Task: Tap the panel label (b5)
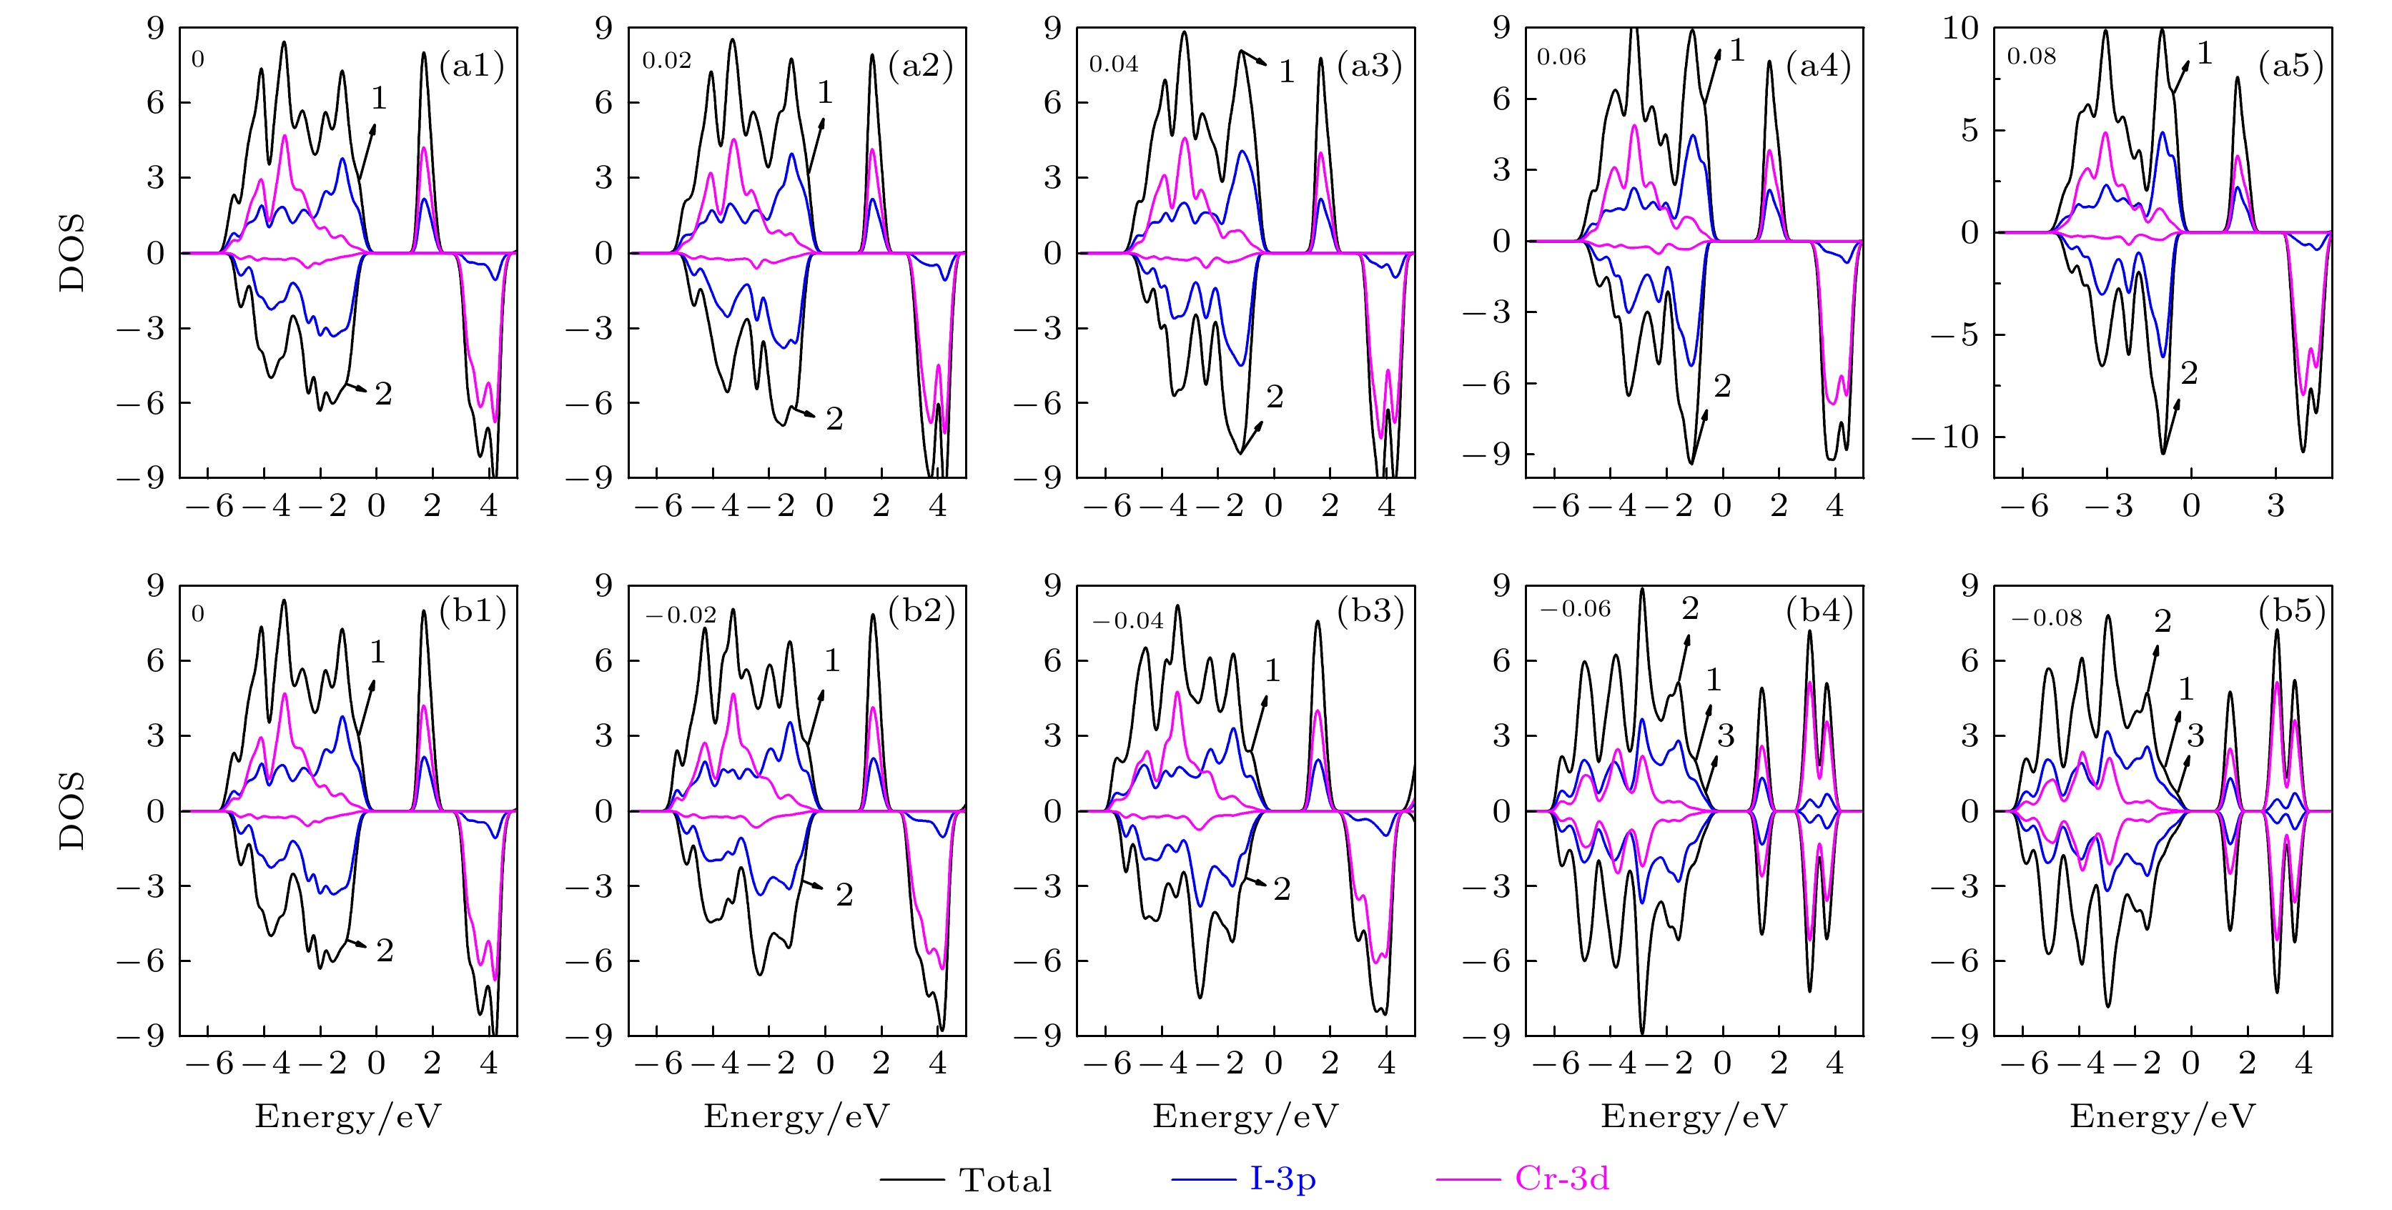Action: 2293,611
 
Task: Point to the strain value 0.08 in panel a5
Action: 2032,56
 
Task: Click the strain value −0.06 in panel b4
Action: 1575,609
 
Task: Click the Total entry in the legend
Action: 1004,1180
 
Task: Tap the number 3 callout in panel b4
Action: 1725,736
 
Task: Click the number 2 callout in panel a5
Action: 2189,373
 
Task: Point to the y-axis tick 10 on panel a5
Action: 1960,29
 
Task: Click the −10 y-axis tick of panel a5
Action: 1947,437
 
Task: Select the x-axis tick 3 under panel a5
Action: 2275,506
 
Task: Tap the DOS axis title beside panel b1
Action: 71,810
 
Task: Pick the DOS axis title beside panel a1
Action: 71,252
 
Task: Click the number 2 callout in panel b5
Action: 2163,621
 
